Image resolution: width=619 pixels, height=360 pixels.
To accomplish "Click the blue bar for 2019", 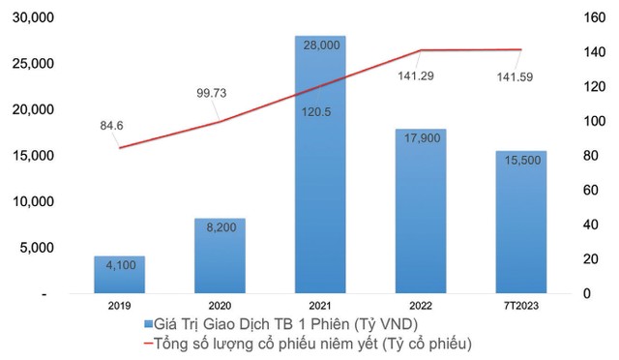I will coord(119,275).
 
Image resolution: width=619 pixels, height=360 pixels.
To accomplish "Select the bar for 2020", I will coord(220,255).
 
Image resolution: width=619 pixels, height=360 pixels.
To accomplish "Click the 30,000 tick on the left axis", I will coord(33,17).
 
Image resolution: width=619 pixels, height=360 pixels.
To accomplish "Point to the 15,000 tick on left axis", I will coord(33,156).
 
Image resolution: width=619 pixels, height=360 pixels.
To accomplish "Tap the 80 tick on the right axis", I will coord(587,156).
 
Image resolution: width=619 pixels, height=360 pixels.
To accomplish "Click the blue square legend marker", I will coord(148,323).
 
